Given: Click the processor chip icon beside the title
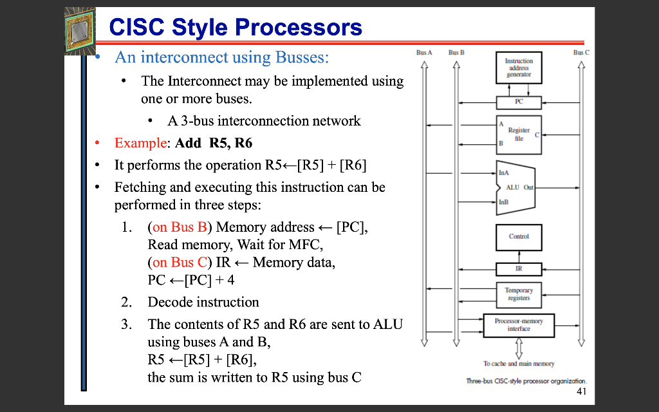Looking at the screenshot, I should click(80, 31).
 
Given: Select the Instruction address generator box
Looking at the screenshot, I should click(519, 67).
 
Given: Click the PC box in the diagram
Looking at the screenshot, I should click(519, 102).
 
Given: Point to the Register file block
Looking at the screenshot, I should click(519, 135).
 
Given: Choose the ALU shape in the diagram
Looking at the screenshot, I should click(515, 187).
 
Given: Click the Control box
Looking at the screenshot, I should click(519, 236).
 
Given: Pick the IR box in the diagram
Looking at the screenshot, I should click(519, 269).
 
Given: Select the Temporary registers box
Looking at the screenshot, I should click(519, 294).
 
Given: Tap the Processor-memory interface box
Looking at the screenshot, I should click(519, 324).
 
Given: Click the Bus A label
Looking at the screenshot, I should click(424, 52).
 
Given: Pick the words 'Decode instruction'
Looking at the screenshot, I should click(203, 302).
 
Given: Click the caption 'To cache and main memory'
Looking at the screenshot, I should click(519, 364).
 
